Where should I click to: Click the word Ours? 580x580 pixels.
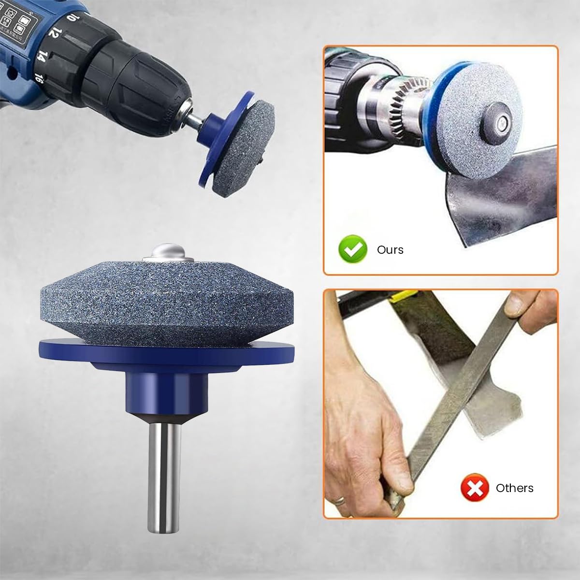point(390,250)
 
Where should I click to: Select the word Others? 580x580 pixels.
point(514,488)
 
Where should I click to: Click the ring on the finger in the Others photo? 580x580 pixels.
point(341,500)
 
